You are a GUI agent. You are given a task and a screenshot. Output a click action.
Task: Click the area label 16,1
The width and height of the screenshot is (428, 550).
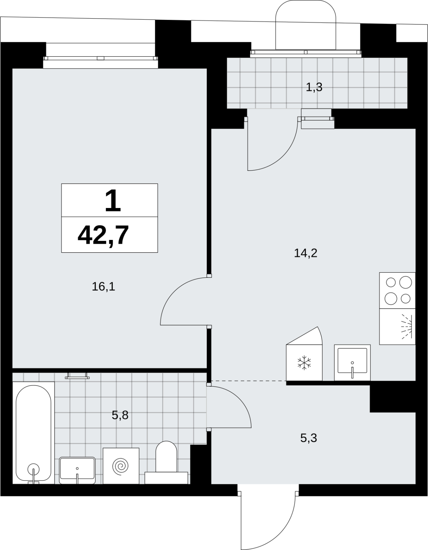[x=103, y=287]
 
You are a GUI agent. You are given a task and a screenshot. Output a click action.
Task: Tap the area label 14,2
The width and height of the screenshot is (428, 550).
[x=305, y=253]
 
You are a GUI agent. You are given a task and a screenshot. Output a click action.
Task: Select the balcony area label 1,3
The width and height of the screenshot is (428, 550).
[x=314, y=87]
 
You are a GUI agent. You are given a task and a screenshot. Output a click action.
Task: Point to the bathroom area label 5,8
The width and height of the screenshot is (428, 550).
[x=120, y=415]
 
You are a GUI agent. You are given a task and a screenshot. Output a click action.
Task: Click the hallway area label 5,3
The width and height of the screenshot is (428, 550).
[x=308, y=438]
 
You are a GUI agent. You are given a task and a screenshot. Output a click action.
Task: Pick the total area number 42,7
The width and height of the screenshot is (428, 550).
[x=103, y=235]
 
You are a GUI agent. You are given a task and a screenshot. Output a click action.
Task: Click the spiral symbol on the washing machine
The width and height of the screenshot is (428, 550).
[x=121, y=465]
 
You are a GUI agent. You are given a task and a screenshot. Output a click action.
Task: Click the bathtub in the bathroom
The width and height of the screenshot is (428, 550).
[x=33, y=432]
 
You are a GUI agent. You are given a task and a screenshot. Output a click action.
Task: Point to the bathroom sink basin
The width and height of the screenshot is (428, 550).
[x=77, y=470]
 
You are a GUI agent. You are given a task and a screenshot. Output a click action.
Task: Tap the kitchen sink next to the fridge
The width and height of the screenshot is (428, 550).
[x=352, y=362]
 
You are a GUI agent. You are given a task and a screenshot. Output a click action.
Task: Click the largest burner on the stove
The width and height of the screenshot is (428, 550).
[x=405, y=282]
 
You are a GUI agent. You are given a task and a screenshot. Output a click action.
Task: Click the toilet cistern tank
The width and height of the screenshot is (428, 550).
[x=166, y=478]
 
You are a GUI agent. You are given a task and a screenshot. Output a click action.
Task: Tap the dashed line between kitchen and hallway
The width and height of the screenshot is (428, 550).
[x=249, y=381]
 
